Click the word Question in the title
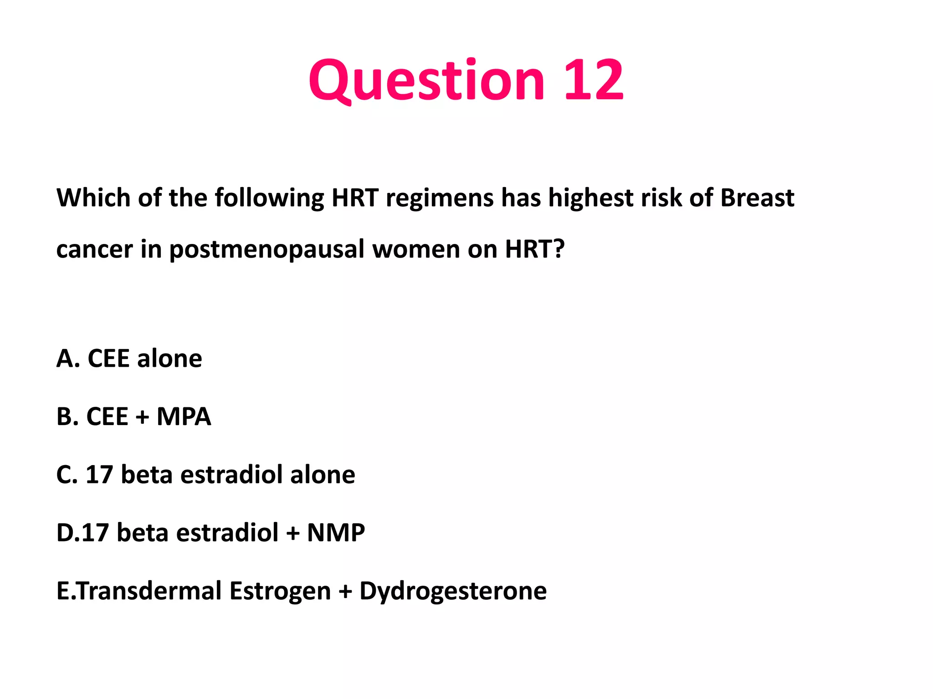(426, 81)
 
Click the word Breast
(757, 198)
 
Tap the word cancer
(95, 249)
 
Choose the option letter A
(66, 359)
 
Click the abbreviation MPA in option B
(184, 416)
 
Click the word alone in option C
(323, 475)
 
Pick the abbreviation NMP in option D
(336, 532)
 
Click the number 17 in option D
(95, 532)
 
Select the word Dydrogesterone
(453, 591)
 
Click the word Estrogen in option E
(280, 591)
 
